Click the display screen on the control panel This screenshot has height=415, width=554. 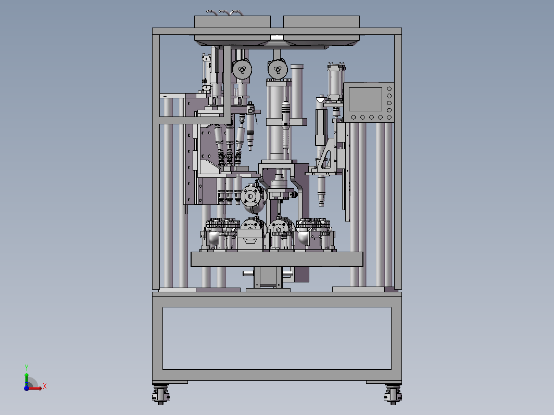(x=366, y=99)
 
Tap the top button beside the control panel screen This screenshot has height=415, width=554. (x=389, y=89)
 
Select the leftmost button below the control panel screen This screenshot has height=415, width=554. (x=354, y=117)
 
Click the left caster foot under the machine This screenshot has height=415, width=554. (x=161, y=394)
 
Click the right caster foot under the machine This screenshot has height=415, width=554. (x=393, y=394)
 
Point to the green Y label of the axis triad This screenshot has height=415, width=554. (x=27, y=367)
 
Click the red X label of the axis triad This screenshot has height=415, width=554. (x=45, y=386)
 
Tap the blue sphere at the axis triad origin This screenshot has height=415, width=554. (x=27, y=388)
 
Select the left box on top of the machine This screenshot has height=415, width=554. (x=232, y=21)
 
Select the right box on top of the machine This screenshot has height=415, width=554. (x=322, y=21)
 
